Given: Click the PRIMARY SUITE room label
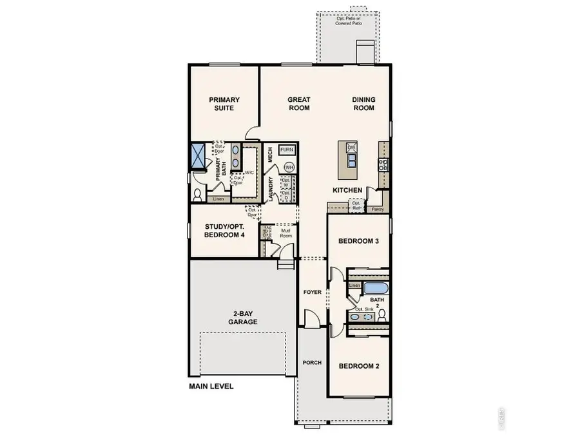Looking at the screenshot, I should coord(224,104).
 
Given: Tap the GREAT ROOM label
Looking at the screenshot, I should coord(298,104).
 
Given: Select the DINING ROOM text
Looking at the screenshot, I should coord(363,104).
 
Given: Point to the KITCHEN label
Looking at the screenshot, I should coord(347,191).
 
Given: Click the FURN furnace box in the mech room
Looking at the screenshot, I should coord(287,150).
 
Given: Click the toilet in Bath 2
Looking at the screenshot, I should coord(382,314).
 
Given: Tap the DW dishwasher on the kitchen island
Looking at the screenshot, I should coord(351,148).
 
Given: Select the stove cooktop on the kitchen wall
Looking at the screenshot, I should coord(383,164).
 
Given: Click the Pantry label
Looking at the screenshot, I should coord(378,209).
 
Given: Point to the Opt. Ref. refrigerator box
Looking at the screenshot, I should coord(356,206).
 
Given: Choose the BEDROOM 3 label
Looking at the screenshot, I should coord(358,242).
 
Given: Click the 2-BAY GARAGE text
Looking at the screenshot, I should coord(242,318).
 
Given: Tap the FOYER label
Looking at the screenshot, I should coord(313,293).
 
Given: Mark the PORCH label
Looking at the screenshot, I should coord(313,363).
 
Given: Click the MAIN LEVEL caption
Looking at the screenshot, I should coord(211,387).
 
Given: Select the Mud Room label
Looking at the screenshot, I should coord(285,233).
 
